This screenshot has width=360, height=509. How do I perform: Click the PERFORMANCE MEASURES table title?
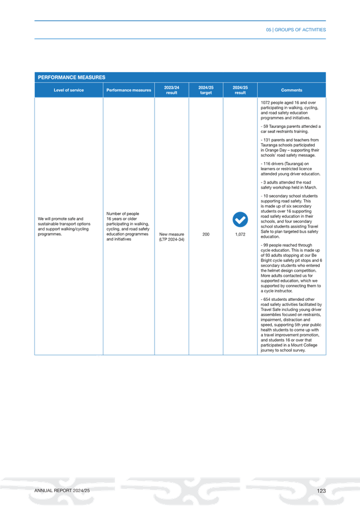[x=72, y=77]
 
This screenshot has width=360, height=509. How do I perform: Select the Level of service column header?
[x=69, y=90]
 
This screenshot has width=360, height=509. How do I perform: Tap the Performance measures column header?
[x=129, y=90]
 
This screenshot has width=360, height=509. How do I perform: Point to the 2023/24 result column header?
[x=171, y=90]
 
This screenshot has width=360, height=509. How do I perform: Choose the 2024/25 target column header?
[x=206, y=90]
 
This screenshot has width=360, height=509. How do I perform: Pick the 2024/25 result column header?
[x=240, y=90]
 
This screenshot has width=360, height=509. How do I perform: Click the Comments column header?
[x=291, y=90]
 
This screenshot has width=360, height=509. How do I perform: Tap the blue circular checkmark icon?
[x=240, y=220]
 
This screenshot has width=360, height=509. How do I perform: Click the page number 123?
[x=320, y=490]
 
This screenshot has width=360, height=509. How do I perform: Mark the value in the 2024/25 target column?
[x=205, y=235]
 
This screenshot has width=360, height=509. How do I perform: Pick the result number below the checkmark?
[x=240, y=235]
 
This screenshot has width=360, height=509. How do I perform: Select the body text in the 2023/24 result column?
[x=171, y=237]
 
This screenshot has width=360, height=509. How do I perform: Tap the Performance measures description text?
[x=128, y=225]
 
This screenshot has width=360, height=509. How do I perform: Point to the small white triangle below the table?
[x=99, y=357]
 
